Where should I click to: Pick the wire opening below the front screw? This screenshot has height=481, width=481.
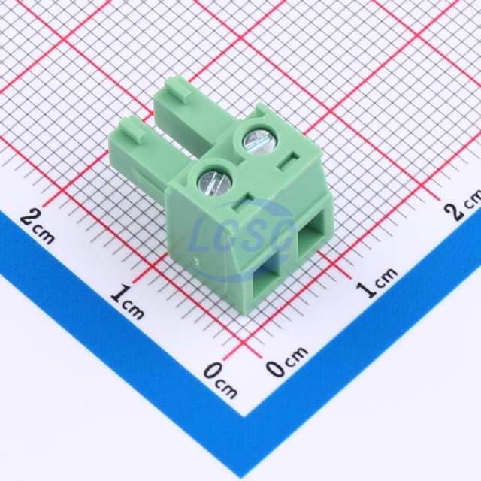pos(266,280)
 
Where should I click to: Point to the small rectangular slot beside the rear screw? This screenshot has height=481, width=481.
pos(288,160)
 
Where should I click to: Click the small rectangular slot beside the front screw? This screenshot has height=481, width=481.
pos(244,204)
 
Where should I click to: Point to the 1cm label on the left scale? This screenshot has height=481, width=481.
pos(127,301)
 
